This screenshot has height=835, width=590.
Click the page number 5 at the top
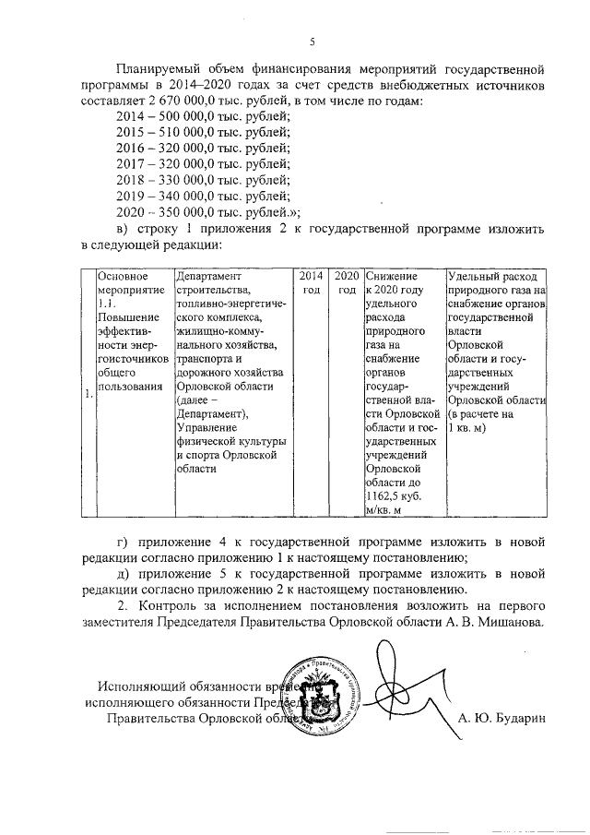[x=312, y=41]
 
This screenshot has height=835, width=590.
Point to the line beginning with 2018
[x=203, y=180]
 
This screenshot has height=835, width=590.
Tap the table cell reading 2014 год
[x=311, y=283]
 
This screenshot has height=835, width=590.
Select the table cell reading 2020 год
[x=346, y=283]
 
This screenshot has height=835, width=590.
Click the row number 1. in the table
[x=88, y=395]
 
